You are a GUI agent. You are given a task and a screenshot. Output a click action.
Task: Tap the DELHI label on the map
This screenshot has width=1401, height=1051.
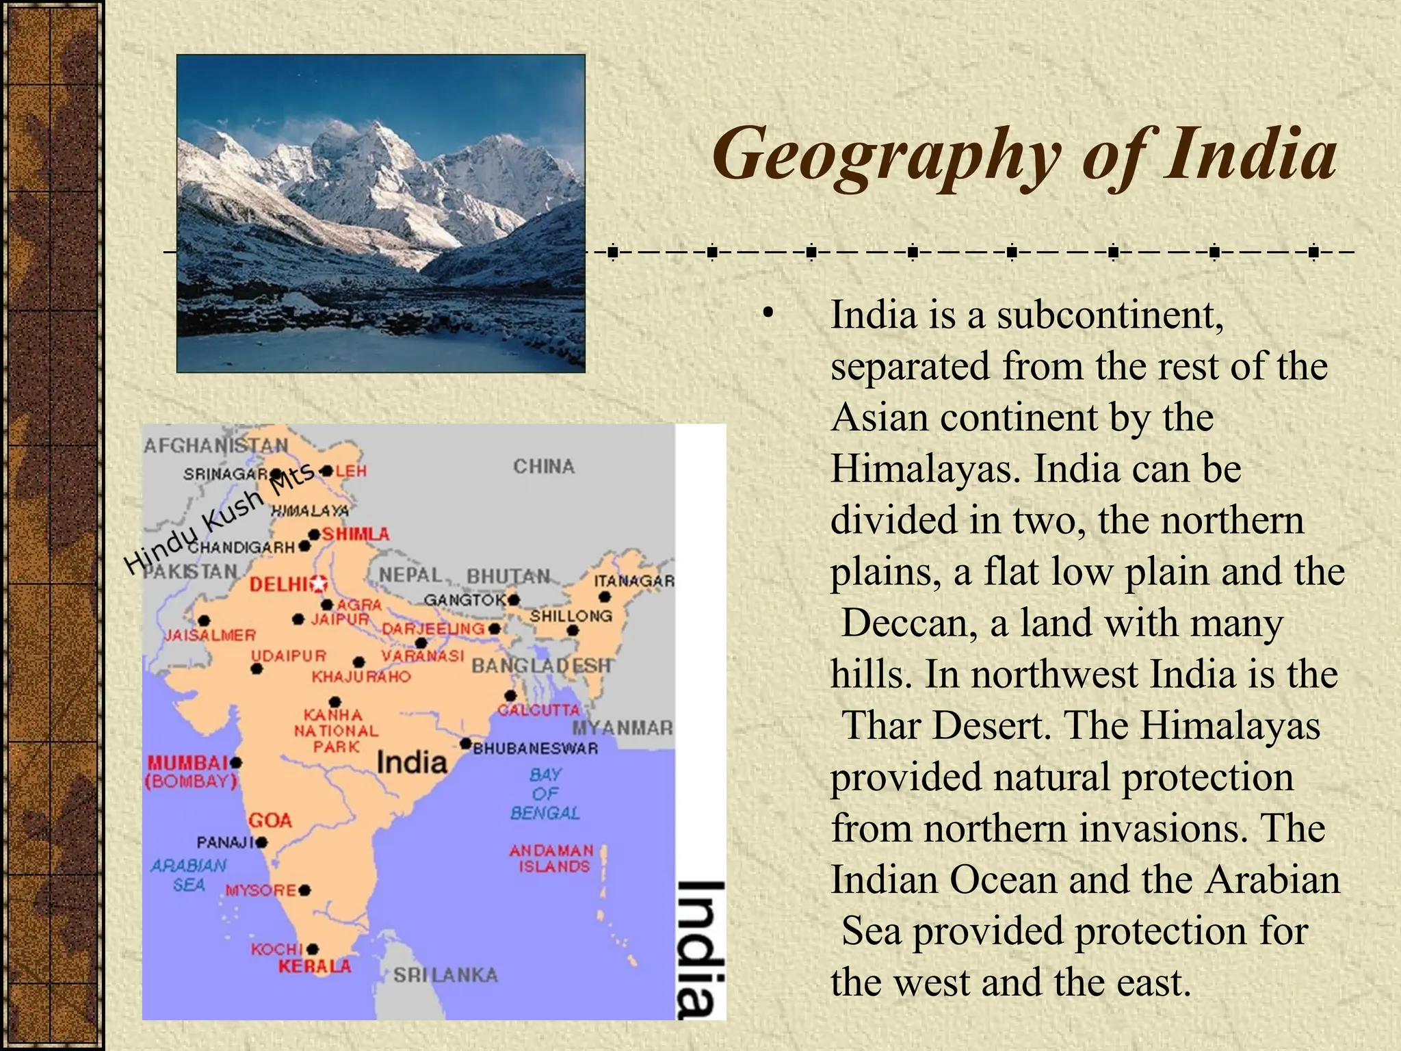(x=278, y=584)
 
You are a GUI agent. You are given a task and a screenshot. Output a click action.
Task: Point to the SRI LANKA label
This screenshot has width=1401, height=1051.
(x=445, y=975)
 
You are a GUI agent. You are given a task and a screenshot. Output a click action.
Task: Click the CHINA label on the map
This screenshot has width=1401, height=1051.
(x=544, y=467)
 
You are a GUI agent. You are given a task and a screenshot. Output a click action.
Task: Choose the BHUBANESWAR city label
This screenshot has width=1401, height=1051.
(x=536, y=749)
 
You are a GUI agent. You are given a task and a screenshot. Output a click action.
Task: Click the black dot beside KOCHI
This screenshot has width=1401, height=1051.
(x=313, y=949)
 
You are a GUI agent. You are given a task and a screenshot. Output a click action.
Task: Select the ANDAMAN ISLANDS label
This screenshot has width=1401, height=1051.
(x=552, y=858)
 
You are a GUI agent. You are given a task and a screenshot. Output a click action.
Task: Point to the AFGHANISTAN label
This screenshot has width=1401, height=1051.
(x=216, y=445)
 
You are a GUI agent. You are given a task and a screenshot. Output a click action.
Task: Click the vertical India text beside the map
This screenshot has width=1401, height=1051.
(x=700, y=948)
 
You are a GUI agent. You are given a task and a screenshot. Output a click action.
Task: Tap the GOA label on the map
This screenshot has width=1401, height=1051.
(x=270, y=820)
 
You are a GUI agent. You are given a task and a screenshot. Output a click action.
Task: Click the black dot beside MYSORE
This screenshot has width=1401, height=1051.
(x=305, y=890)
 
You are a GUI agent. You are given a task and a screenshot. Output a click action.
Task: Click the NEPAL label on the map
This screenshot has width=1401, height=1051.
(x=410, y=575)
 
